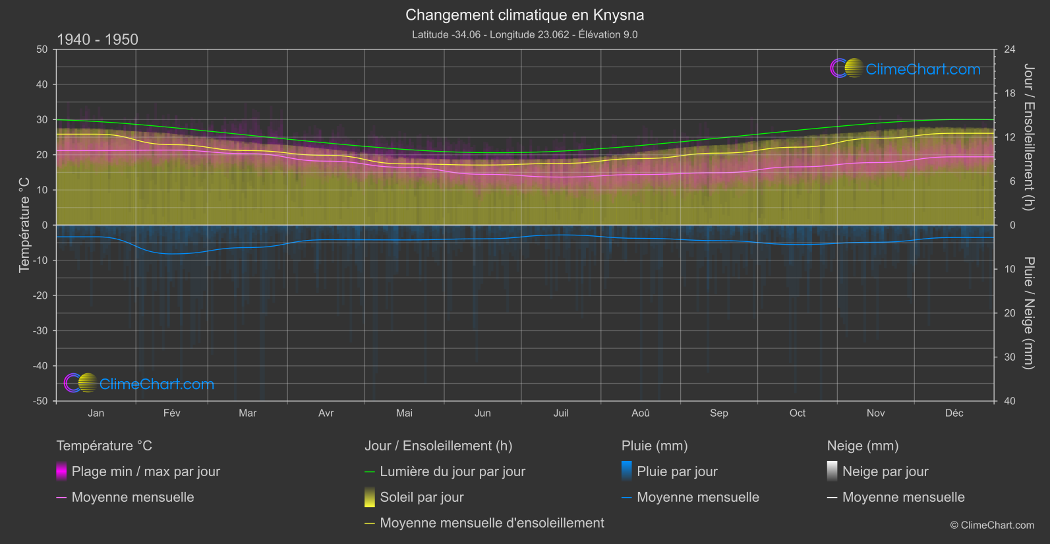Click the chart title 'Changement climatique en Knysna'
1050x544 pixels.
point(525,15)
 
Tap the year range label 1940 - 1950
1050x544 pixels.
point(98,40)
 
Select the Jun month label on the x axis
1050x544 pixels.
point(482,413)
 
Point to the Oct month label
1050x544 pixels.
point(798,413)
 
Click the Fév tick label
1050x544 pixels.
point(171,413)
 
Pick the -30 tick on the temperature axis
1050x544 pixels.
point(41,330)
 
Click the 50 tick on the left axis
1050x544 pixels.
point(42,49)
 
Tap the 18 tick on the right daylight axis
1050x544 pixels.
point(1010,93)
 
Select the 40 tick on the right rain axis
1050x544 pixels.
point(1010,401)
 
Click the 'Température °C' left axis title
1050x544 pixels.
point(24,225)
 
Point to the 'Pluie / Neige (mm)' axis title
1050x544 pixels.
point(1028,313)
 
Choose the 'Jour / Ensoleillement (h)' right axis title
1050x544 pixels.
point(1028,137)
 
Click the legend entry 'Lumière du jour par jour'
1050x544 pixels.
point(452,471)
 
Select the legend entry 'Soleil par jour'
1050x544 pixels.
point(422,497)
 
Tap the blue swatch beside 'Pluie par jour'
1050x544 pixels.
point(627,471)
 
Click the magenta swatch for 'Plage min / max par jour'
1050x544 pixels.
point(61,471)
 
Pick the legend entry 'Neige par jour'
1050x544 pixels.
point(885,471)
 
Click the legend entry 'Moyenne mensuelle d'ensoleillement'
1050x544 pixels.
point(492,523)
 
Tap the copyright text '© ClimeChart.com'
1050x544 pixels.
point(992,525)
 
